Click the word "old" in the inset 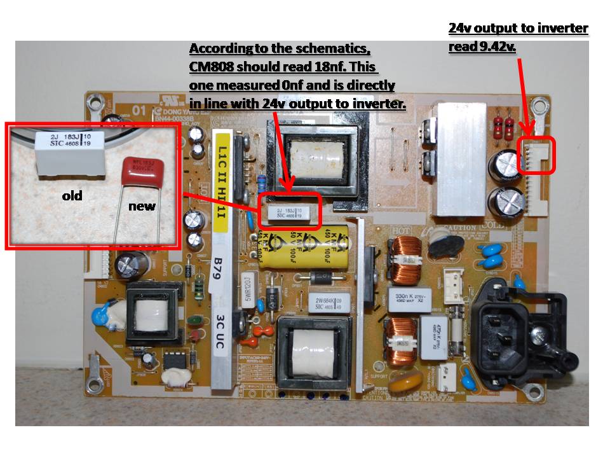click(72, 196)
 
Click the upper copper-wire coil click(401, 260)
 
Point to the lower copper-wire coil click(399, 337)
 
